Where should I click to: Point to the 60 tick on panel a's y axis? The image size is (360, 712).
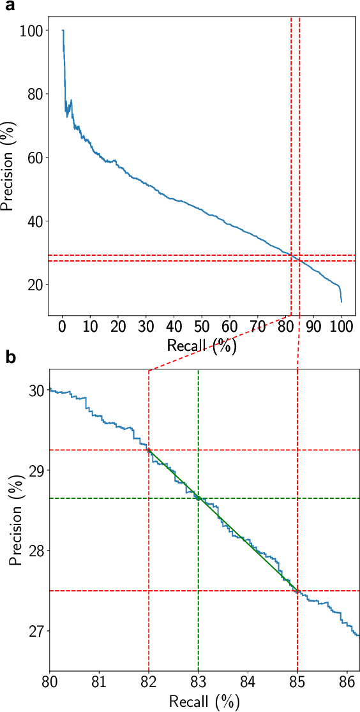point(34,158)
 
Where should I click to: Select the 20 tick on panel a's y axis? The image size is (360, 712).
point(34,285)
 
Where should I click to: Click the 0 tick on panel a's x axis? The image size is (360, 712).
point(63,327)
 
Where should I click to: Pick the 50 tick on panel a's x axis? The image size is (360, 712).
point(202,327)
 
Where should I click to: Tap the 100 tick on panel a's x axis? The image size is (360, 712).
point(341,327)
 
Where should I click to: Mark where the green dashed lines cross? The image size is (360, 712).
point(199,498)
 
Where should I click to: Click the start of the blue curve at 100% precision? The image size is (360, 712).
point(63,30)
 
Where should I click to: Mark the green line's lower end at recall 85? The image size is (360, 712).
point(297,591)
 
